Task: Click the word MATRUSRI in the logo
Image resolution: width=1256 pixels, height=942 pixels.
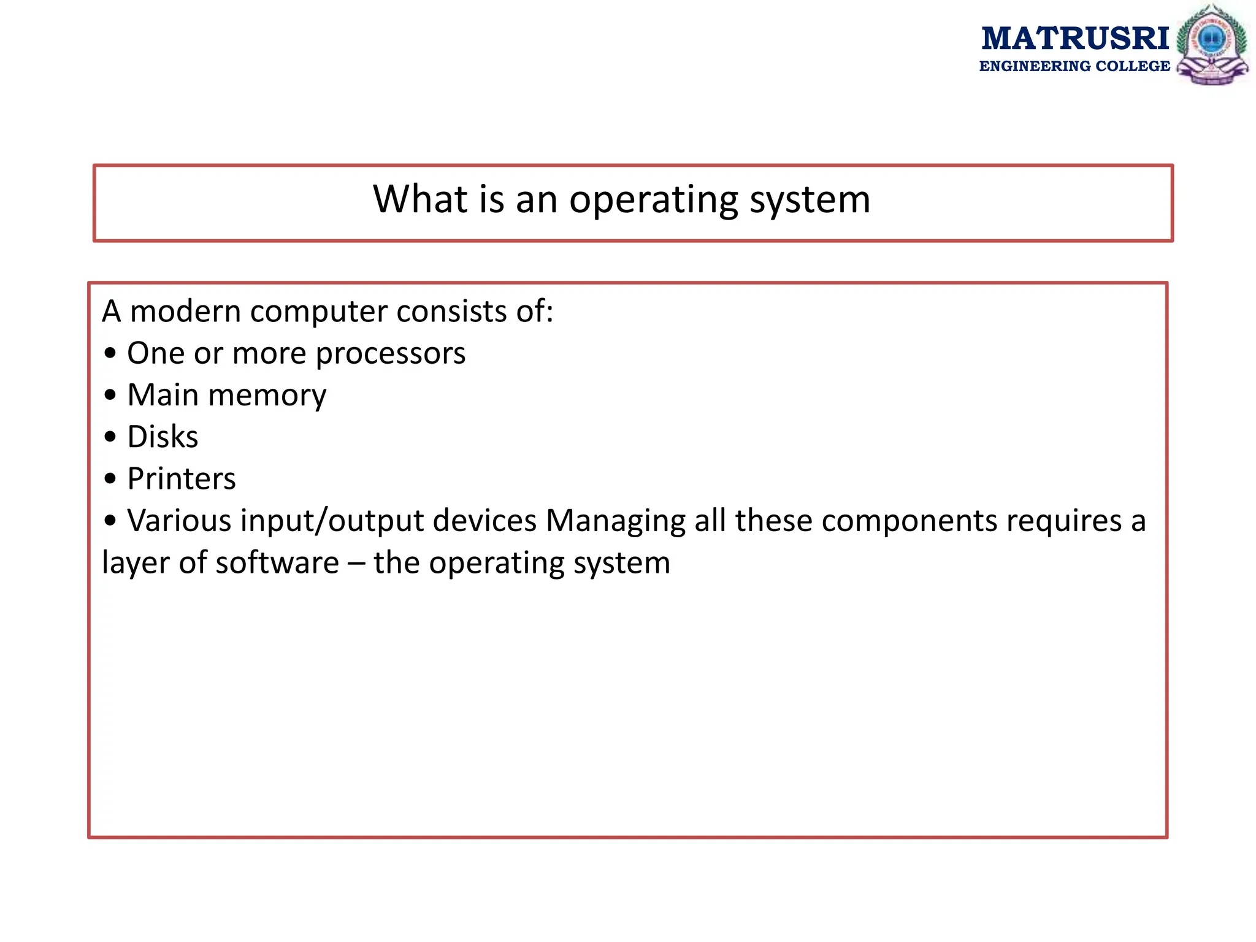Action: click(x=1074, y=38)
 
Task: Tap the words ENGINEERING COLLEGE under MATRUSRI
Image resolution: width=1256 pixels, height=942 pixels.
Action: click(x=1074, y=66)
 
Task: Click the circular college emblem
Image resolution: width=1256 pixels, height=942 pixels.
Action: click(x=1212, y=44)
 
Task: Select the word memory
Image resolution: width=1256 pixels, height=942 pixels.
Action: click(x=267, y=396)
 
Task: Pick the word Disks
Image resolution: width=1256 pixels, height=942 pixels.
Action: click(x=163, y=437)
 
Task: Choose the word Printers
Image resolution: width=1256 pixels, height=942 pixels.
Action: click(x=182, y=478)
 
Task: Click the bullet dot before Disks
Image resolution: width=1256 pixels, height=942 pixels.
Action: click(x=110, y=437)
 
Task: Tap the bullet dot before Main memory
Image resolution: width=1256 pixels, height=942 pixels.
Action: click(x=110, y=396)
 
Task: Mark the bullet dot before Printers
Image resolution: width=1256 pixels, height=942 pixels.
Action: click(x=110, y=479)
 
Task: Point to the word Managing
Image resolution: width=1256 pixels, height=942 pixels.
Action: click(x=615, y=521)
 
